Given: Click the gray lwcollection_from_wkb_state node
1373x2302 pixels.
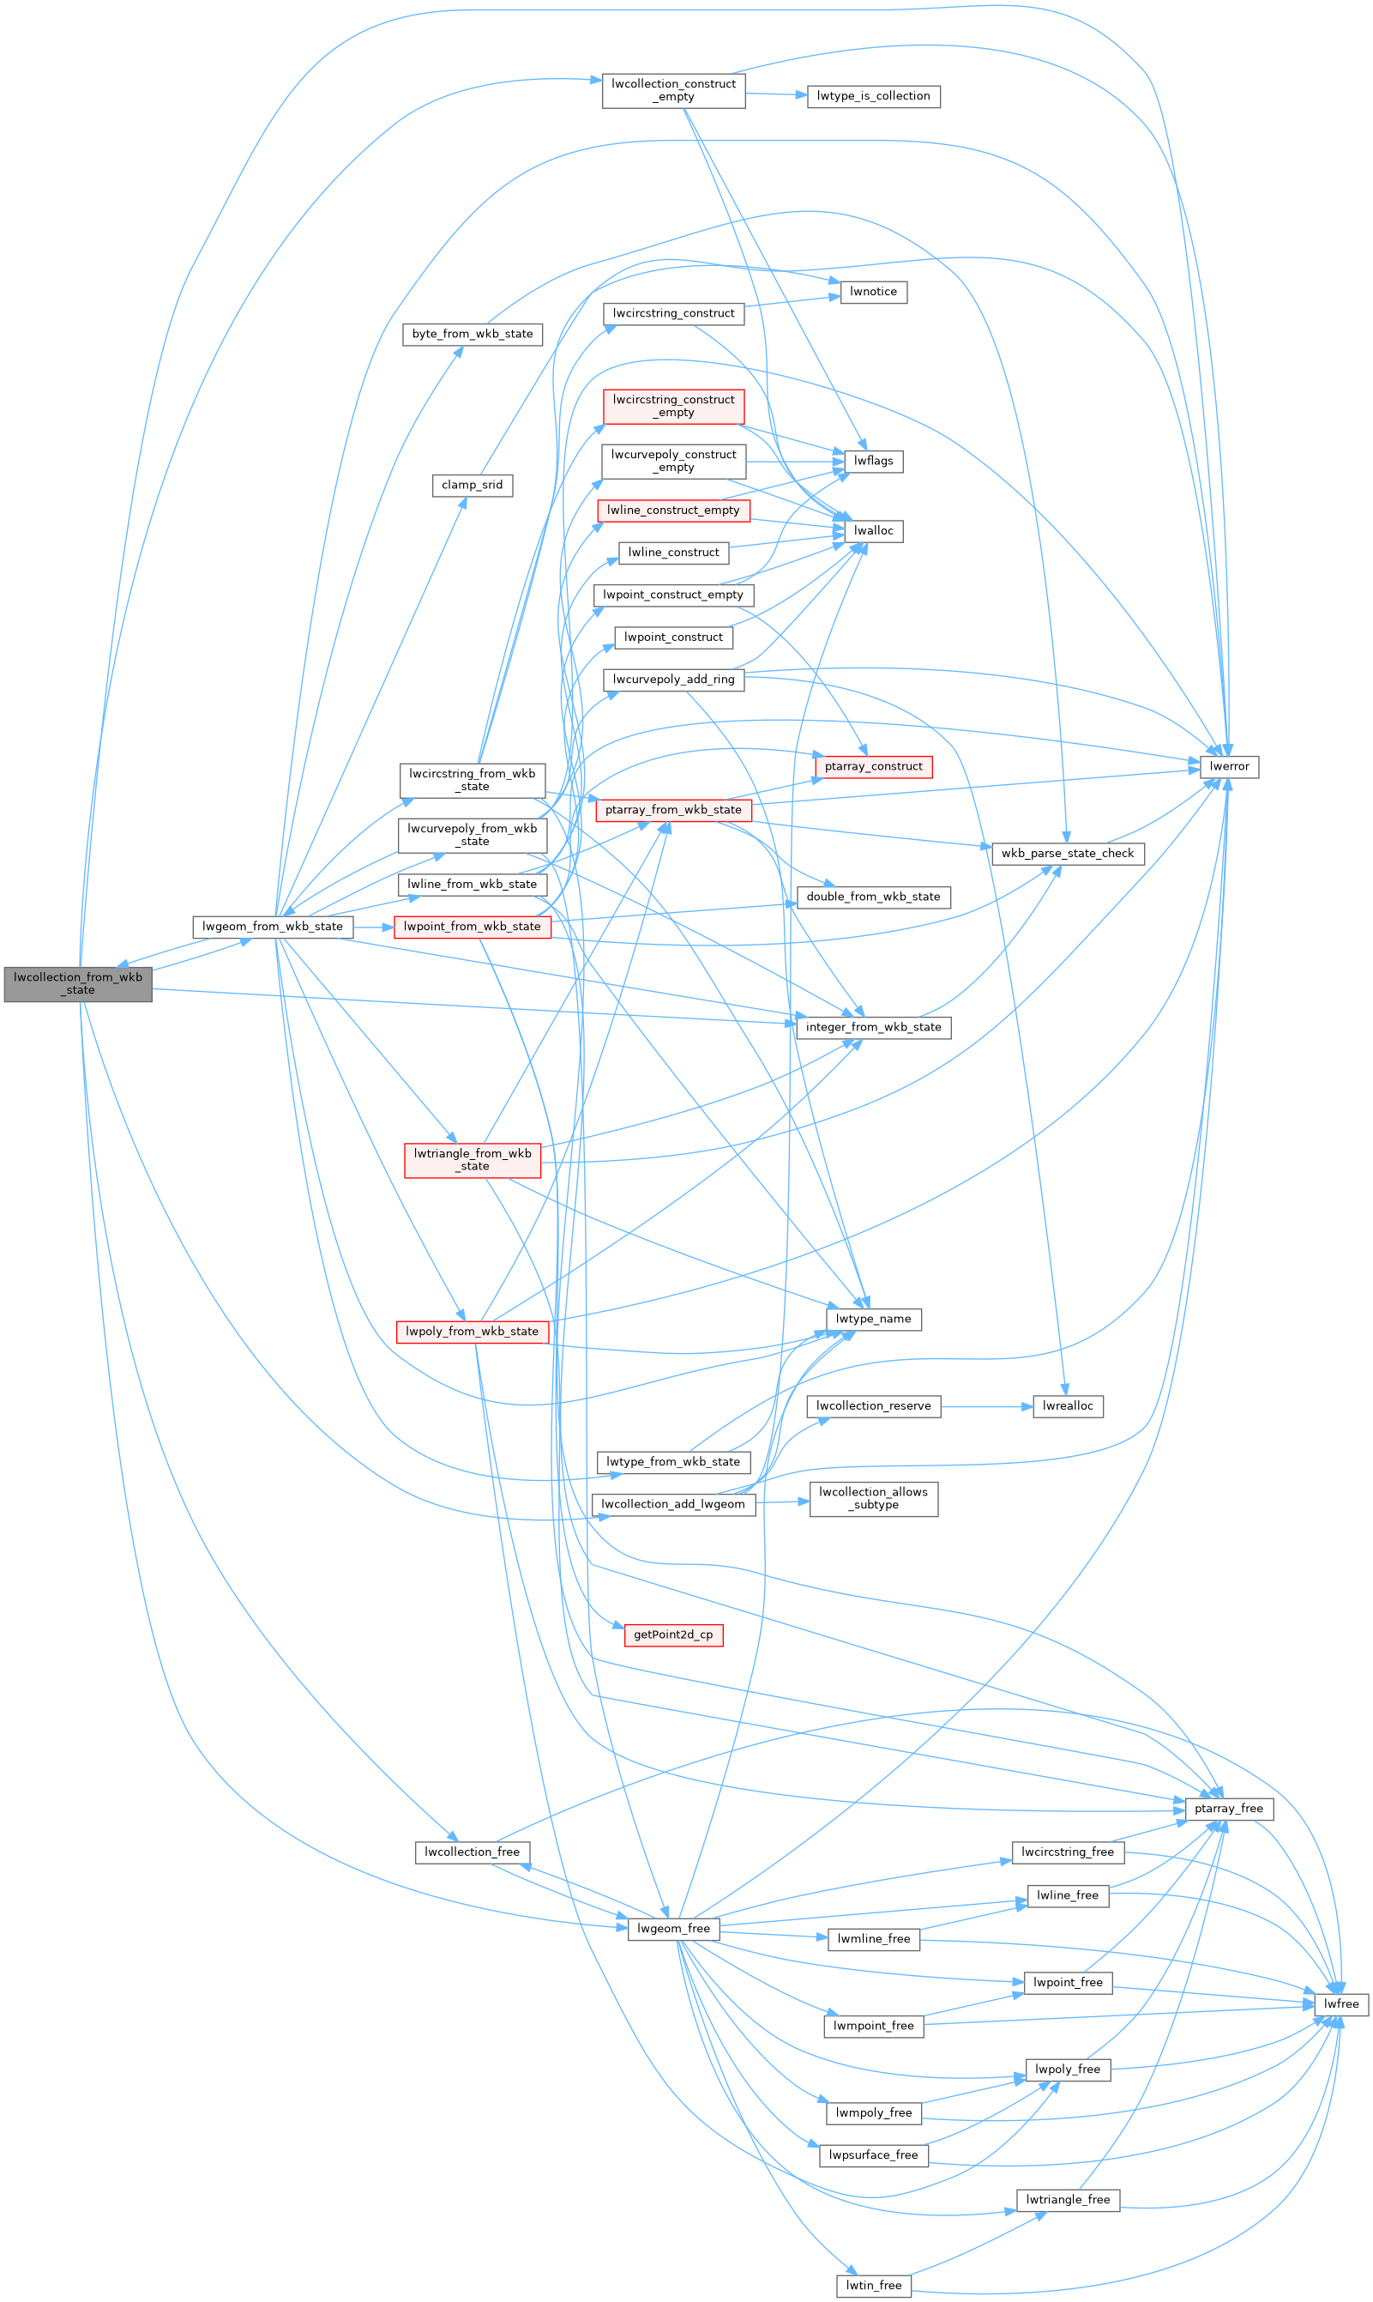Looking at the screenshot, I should click(78, 983).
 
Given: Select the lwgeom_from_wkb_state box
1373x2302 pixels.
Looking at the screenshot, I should click(272, 926).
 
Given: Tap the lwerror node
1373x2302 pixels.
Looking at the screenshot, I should click(1229, 765).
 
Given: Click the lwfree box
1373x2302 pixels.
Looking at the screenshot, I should click(1340, 2003).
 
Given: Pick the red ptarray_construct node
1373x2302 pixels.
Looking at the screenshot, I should click(872, 765).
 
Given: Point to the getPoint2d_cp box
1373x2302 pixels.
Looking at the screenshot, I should click(672, 1634).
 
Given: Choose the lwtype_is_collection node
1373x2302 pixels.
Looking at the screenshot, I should click(872, 95).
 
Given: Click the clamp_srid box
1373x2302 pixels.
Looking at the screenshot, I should click(472, 484).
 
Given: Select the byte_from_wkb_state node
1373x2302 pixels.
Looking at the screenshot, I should click(472, 333).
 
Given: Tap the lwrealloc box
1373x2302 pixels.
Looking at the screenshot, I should click(1067, 1405).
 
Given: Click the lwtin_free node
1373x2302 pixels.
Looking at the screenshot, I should click(872, 2285).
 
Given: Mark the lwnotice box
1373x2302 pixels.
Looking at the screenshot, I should click(872, 291).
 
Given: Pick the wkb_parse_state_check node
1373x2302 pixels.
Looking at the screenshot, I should click(1067, 853).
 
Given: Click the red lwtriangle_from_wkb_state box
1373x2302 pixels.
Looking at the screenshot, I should click(472, 1159).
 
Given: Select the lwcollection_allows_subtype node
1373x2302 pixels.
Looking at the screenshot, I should click(872, 1498).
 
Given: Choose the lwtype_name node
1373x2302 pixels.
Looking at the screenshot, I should click(872, 1318).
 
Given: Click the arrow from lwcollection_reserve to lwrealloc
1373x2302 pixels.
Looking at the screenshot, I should click(985, 1405).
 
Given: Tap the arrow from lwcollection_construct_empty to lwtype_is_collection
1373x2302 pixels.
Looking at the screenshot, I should click(775, 94).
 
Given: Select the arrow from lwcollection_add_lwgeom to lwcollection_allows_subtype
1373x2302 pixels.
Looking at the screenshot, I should click(782, 1501).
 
